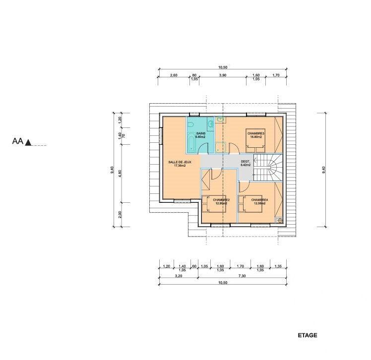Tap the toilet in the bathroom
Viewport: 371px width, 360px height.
click(x=211, y=123)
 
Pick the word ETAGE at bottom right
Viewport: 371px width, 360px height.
click(x=308, y=336)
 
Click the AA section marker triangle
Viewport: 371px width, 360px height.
click(x=29, y=143)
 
